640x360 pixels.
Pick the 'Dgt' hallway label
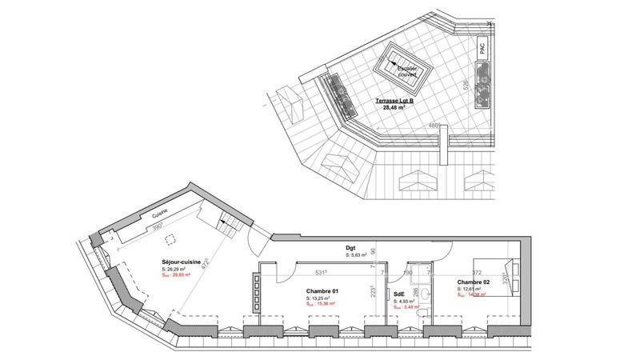[350, 248]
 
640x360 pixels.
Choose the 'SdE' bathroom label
[399, 294]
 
